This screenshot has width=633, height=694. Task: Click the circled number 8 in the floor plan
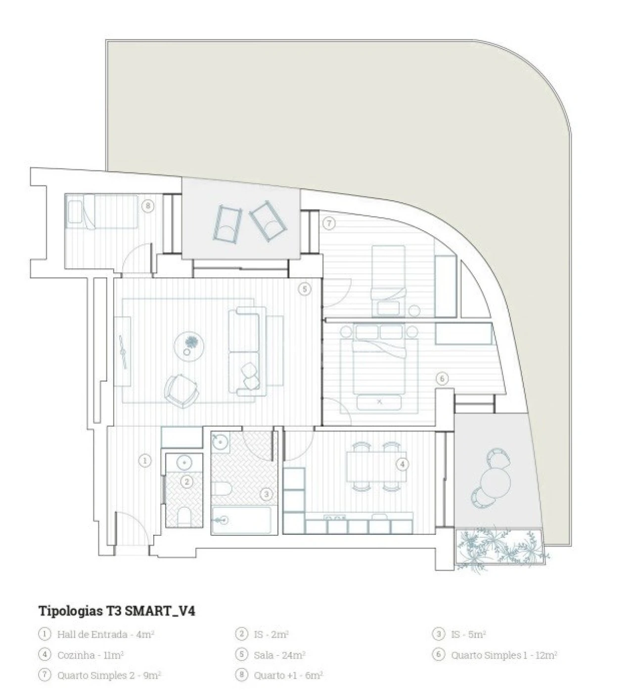[x=148, y=206]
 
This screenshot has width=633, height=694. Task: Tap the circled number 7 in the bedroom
[x=329, y=223]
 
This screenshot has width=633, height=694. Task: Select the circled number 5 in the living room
[x=305, y=289]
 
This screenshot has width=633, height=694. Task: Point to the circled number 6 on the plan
[x=442, y=379]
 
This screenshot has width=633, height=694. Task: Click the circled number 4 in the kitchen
[x=403, y=464]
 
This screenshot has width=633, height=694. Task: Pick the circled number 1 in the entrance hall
[x=144, y=461]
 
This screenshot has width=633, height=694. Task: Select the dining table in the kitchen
[x=376, y=467]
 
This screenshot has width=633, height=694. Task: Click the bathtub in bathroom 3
[x=241, y=520]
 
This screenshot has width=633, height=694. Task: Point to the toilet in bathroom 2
[x=184, y=517]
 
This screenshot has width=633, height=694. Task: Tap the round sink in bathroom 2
[x=184, y=462]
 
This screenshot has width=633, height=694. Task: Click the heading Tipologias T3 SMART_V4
[x=117, y=611]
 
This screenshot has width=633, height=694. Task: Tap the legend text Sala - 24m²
[x=279, y=655]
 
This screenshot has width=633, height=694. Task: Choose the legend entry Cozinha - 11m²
[x=90, y=655]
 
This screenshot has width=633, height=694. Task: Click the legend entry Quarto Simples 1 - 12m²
[x=504, y=655]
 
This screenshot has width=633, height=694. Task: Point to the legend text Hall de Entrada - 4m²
[x=106, y=634]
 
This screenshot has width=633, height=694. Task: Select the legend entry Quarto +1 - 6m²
[x=288, y=675]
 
